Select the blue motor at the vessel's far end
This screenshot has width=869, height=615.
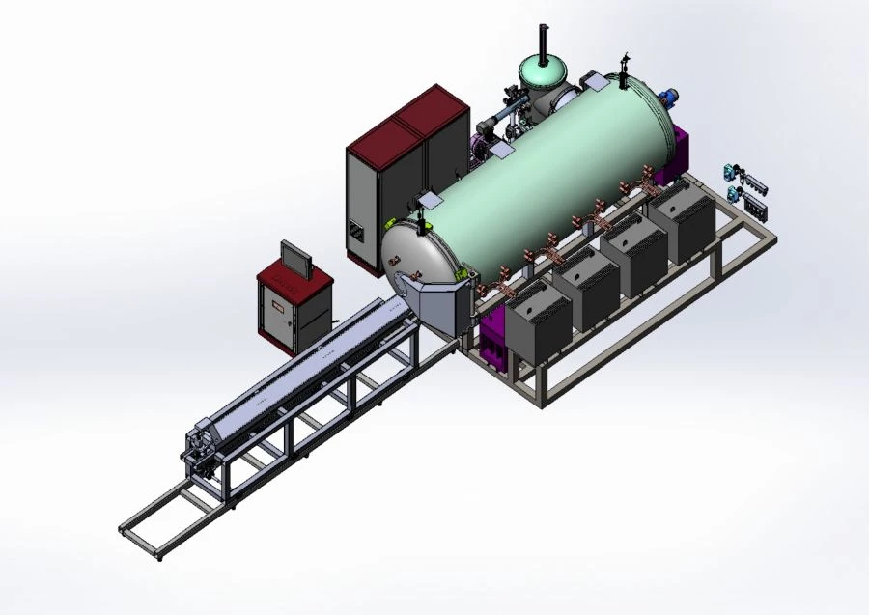click(x=668, y=97)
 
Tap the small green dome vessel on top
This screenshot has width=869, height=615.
click(x=542, y=73)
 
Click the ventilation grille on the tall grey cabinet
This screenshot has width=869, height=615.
click(x=355, y=231)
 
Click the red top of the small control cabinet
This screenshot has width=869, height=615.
click(x=294, y=280)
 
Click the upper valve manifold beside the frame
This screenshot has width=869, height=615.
click(x=747, y=174)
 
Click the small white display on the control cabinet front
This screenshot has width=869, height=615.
click(x=278, y=309)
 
